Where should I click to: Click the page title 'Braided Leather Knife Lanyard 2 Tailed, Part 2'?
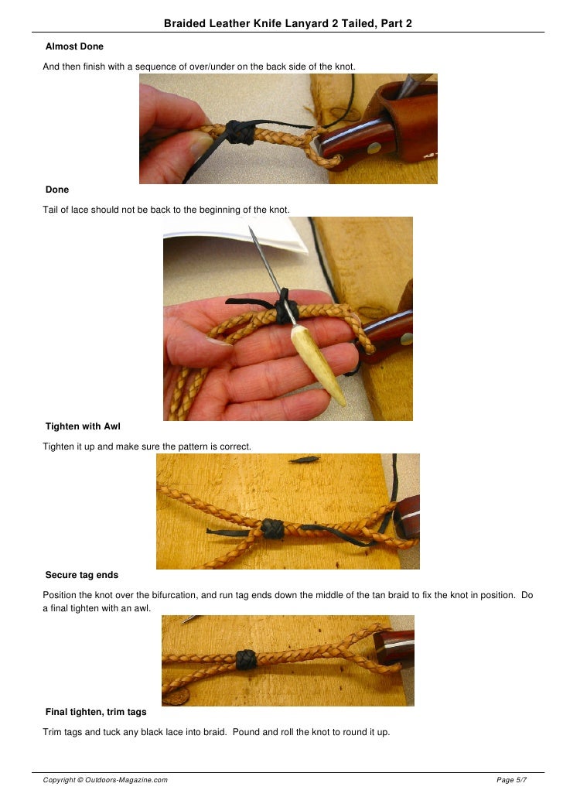click(288, 24)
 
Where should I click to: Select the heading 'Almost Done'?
click(74, 46)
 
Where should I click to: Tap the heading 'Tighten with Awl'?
click(83, 426)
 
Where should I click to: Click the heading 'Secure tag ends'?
click(82, 575)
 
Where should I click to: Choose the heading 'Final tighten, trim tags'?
click(96, 712)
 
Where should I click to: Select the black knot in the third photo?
click(271, 528)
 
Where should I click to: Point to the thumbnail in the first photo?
click(200, 143)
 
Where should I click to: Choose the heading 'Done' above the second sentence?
click(57, 189)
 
